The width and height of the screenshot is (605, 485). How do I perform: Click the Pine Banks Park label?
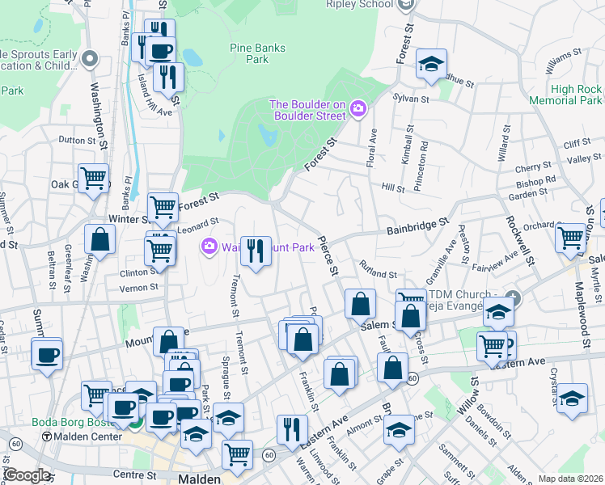pyautogui.click(x=257, y=53)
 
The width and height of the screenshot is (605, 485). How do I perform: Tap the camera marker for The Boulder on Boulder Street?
pyautogui.click(x=357, y=108)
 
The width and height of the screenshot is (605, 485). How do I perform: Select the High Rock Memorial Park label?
pyautogui.click(x=565, y=95)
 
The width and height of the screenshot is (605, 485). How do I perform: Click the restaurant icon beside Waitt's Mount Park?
pyautogui.click(x=256, y=252)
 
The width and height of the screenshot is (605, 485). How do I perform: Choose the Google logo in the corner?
pyautogui.click(x=26, y=475)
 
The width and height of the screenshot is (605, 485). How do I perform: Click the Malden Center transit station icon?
pyautogui.click(x=46, y=436)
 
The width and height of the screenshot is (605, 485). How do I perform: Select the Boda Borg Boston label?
pyautogui.click(x=66, y=422)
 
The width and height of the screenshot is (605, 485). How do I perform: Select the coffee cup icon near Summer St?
pyautogui.click(x=47, y=354)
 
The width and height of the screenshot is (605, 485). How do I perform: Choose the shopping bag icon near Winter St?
pyautogui.click(x=100, y=239)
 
